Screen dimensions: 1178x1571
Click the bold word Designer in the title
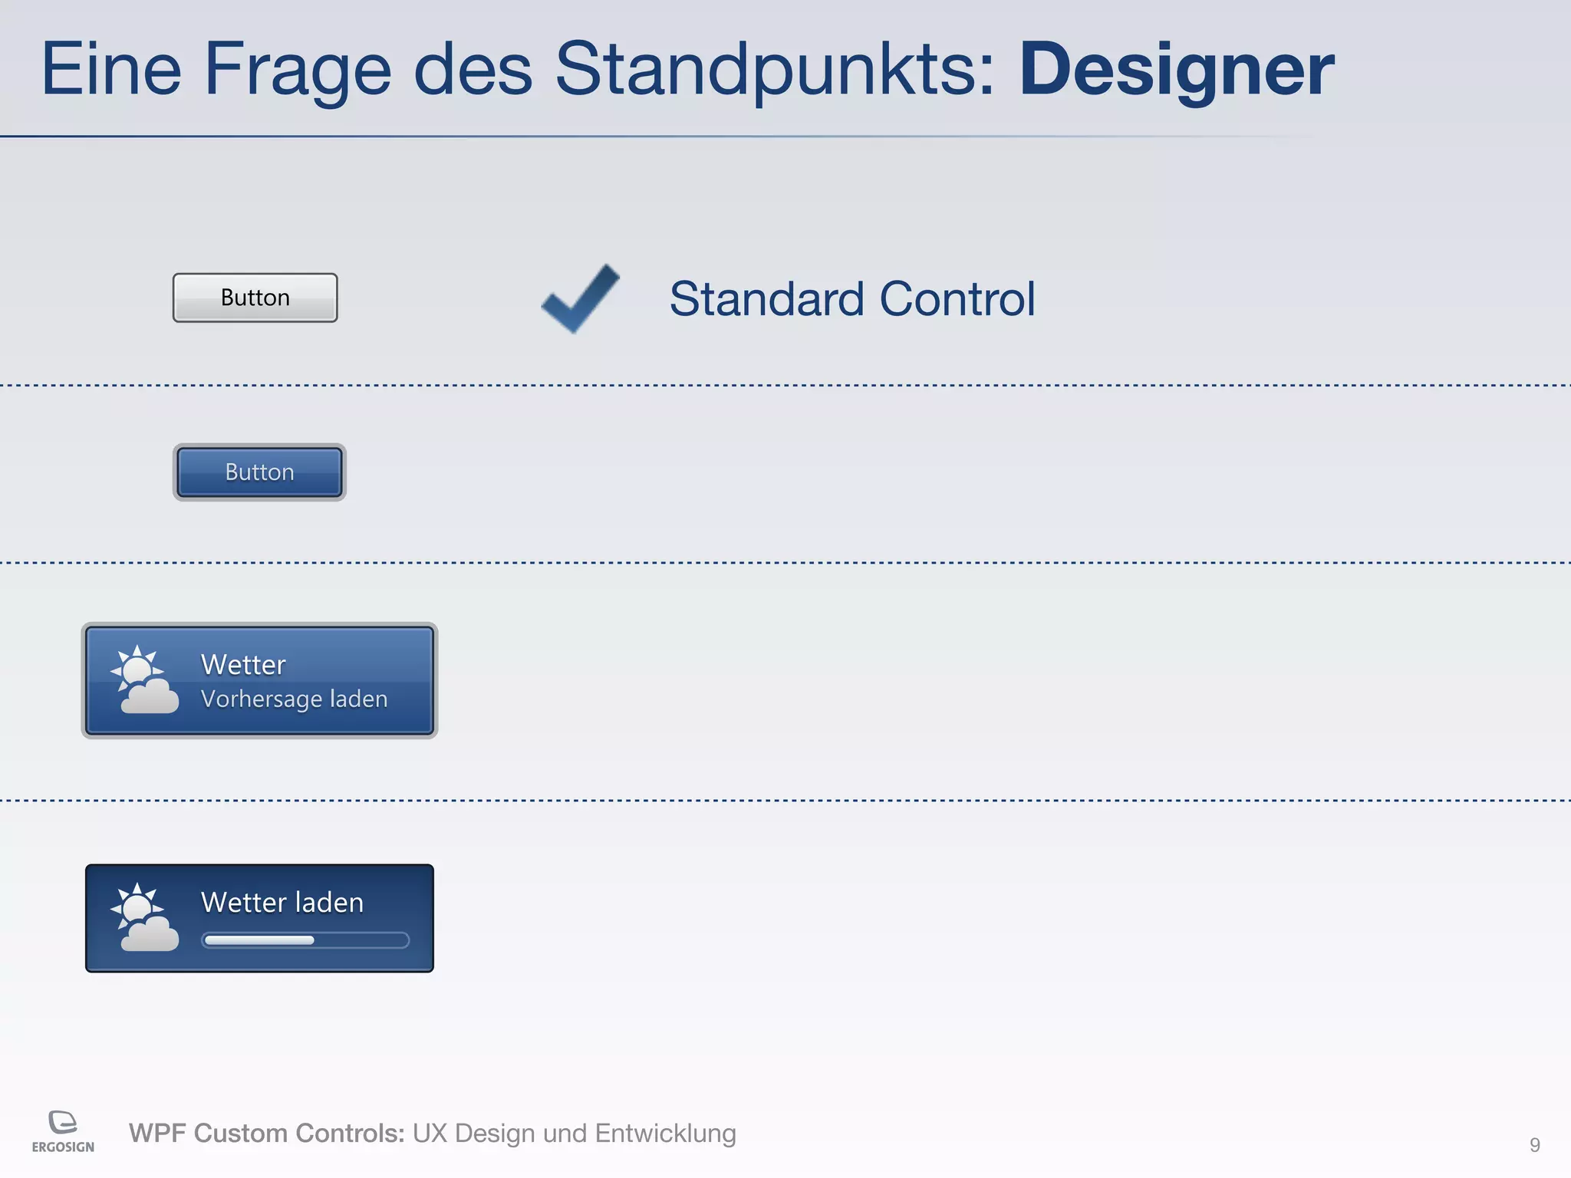(x=1176, y=71)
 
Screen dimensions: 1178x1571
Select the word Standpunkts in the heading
(x=775, y=71)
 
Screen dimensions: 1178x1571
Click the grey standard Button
(x=255, y=298)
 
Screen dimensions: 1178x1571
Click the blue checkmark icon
(x=580, y=298)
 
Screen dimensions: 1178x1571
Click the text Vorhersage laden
(x=294, y=699)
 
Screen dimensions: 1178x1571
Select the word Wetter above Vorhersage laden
(x=243, y=664)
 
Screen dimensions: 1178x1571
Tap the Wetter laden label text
(x=282, y=903)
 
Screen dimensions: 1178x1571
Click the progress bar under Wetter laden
(x=305, y=940)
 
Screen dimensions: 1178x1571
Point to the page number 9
(x=1534, y=1145)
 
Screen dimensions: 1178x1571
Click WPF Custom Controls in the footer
(x=266, y=1133)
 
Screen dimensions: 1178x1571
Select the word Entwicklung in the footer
(x=665, y=1133)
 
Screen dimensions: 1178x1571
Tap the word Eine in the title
(x=111, y=71)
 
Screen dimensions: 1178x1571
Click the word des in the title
(x=473, y=71)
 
